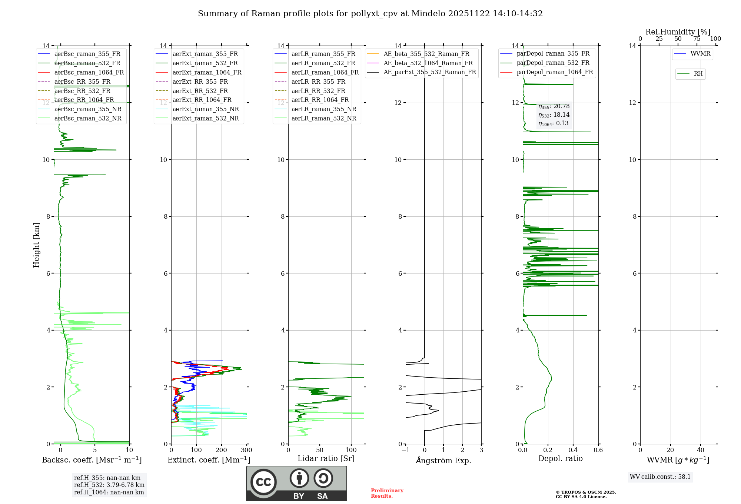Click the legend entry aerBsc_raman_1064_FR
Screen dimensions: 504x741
[x=89, y=72]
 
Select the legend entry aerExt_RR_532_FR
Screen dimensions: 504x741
[x=200, y=91]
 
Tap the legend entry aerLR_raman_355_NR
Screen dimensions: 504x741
[x=323, y=109]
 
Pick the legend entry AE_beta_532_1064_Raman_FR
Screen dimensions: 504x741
[x=428, y=63]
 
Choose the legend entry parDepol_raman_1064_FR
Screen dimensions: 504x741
[x=555, y=72]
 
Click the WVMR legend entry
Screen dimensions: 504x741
[x=700, y=54]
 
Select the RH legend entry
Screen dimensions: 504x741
[x=698, y=74]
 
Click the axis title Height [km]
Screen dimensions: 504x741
[x=36, y=245]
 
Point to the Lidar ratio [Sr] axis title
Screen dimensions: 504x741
[x=326, y=458]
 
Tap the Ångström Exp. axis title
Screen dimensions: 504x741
[x=443, y=460]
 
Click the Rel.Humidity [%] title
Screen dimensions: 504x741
[x=678, y=32]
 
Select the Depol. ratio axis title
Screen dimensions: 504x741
[x=560, y=458]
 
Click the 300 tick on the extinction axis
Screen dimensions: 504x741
[x=246, y=450]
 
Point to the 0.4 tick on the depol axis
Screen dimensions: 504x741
[x=573, y=450]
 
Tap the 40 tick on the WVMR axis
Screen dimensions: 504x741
[x=701, y=450]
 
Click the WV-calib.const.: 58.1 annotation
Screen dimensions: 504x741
[x=660, y=477]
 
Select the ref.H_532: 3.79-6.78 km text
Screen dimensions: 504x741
[x=109, y=485]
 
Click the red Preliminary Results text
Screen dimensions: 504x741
[x=387, y=493]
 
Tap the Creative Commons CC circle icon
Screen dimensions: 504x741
[x=263, y=482]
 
